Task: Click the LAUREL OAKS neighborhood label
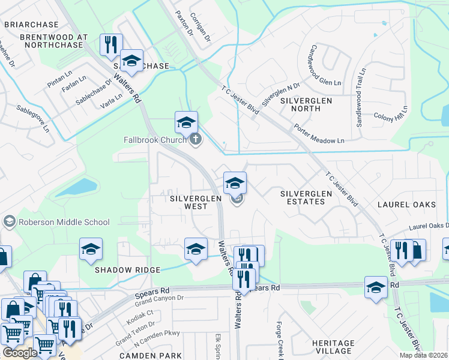point(406,205)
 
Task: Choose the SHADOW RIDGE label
point(128,270)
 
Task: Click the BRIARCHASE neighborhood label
point(31,25)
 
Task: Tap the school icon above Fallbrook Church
point(186,122)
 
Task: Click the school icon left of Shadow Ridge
point(91,249)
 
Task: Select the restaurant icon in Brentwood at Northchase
point(111,45)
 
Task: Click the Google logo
point(20,353)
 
